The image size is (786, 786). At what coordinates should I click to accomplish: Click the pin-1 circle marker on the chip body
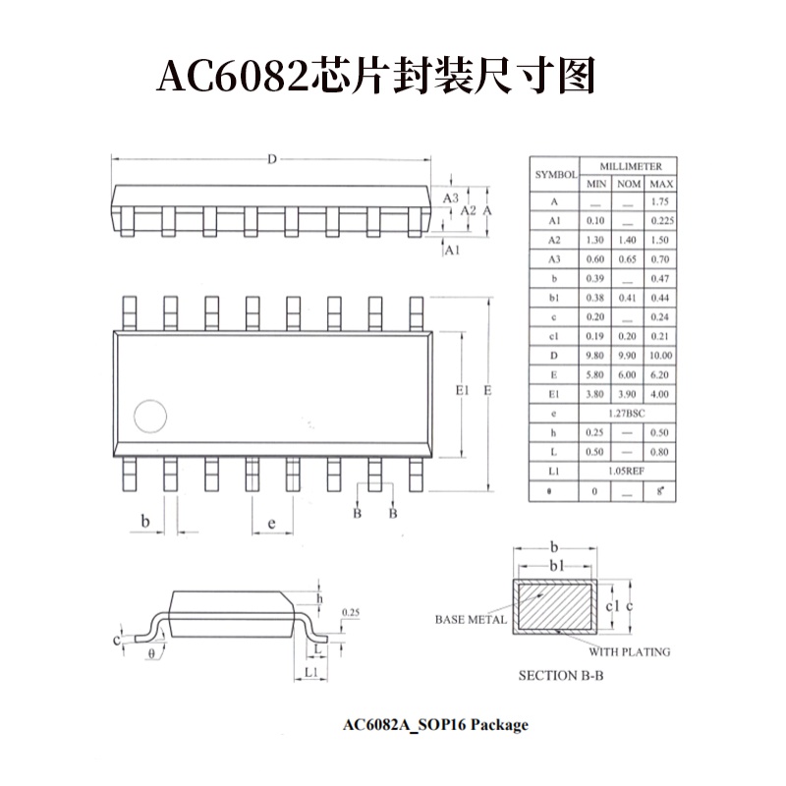(151, 417)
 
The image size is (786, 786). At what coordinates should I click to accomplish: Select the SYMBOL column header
(555, 174)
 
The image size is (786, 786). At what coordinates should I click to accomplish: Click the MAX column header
(661, 184)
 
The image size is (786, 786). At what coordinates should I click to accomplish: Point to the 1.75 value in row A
(661, 201)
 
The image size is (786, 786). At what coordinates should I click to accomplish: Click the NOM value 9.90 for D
(629, 356)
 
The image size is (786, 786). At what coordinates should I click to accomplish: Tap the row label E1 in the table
(555, 394)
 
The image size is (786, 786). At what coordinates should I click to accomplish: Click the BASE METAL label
(471, 620)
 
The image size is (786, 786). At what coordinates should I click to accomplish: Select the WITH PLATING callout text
(629, 651)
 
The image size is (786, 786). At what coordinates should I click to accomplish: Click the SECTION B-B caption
(561, 676)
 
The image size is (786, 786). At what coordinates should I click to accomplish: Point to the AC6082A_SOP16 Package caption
(435, 725)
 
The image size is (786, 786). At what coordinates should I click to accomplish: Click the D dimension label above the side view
(272, 159)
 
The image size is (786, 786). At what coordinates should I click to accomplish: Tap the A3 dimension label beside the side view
(451, 198)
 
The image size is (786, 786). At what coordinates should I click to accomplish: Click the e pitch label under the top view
(271, 523)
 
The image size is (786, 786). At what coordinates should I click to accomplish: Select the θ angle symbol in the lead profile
(150, 651)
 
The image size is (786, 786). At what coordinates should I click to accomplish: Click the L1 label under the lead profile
(310, 672)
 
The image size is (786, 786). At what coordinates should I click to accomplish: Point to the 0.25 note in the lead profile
(350, 612)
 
